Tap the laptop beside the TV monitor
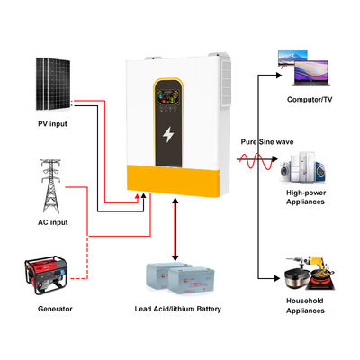click(329, 65)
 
